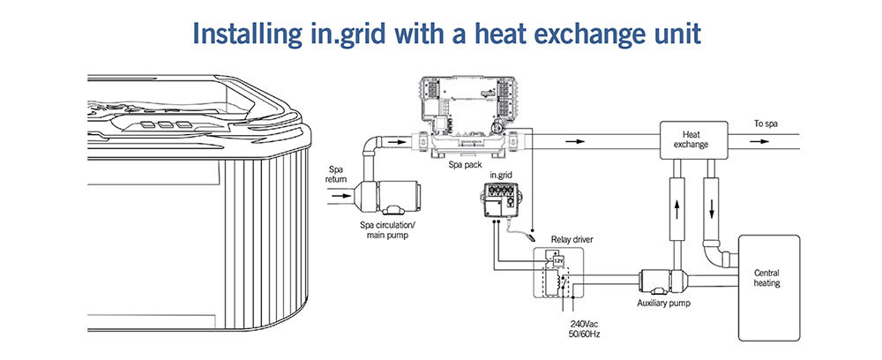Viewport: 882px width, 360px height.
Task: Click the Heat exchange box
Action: coord(694,139)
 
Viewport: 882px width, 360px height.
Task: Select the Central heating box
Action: coord(768,288)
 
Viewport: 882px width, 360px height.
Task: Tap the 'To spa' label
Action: coord(766,124)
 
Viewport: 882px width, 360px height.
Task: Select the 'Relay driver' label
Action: coord(572,240)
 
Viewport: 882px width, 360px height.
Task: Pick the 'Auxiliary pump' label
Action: coord(664,304)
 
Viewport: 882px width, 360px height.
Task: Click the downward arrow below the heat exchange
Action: coord(712,209)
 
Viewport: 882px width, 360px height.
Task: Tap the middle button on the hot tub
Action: coord(166,125)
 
